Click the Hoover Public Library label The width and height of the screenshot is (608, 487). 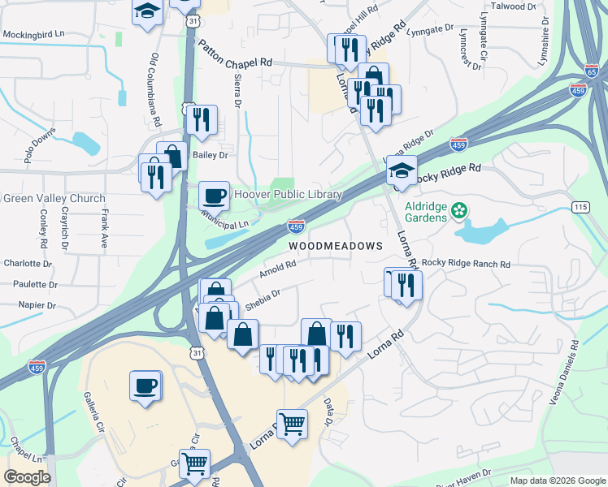288,195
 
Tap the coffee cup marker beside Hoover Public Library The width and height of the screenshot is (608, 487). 214,196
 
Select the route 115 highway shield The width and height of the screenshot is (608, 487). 580,207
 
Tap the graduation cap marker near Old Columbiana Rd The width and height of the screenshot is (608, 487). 147,12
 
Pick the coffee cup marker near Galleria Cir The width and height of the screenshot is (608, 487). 145,385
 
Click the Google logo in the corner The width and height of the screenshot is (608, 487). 27,477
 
